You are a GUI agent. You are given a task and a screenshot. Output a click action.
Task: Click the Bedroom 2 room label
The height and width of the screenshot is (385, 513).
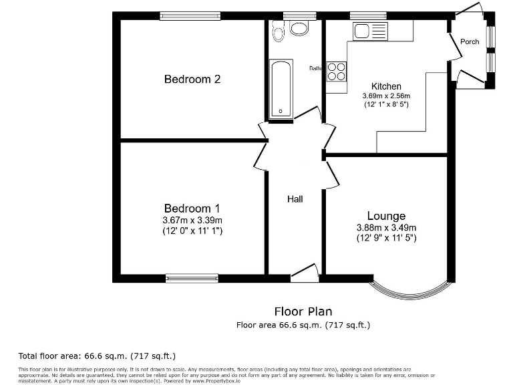click(192, 80)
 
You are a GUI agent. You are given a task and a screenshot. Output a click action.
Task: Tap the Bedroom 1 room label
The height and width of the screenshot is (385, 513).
click(192, 209)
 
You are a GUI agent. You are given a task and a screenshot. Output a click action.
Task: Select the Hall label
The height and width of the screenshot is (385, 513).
click(295, 199)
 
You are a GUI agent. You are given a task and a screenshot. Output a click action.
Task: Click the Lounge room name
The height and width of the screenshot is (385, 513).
click(386, 216)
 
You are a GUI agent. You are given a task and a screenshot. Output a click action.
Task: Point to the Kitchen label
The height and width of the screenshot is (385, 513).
click(386, 86)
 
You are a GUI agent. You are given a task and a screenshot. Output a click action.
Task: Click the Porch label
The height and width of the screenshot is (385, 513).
click(470, 41)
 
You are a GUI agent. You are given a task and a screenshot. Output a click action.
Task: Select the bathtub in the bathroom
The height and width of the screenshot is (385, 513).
click(281, 90)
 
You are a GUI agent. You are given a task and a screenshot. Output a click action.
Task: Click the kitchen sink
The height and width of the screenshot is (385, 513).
click(370, 31)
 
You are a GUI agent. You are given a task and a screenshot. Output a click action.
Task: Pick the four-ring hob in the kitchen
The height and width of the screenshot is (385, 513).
click(337, 71)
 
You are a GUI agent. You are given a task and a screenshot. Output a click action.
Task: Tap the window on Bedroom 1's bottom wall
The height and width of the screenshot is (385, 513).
click(192, 277)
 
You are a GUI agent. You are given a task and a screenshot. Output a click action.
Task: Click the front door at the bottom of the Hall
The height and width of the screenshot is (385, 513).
click(305, 272)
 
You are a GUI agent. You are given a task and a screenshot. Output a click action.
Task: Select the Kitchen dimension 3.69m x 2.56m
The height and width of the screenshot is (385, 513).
click(386, 96)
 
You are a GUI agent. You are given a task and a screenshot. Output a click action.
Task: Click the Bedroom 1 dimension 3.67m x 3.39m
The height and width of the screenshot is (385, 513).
click(192, 221)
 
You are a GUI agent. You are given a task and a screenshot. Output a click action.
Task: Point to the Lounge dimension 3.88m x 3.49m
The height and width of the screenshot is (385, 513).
click(386, 227)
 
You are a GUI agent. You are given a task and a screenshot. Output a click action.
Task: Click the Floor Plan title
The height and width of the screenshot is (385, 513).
click(303, 311)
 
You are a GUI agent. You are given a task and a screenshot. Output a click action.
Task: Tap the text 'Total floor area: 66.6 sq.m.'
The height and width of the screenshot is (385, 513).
click(96, 356)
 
